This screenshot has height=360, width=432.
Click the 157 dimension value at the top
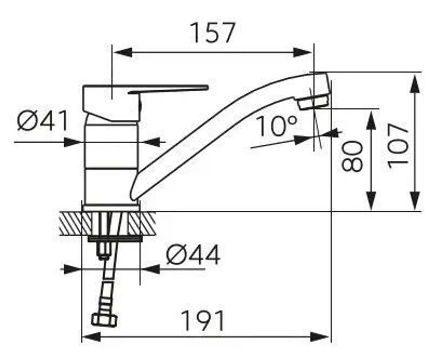pos(213,33)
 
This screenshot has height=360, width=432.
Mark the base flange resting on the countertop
pos(111,208)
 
